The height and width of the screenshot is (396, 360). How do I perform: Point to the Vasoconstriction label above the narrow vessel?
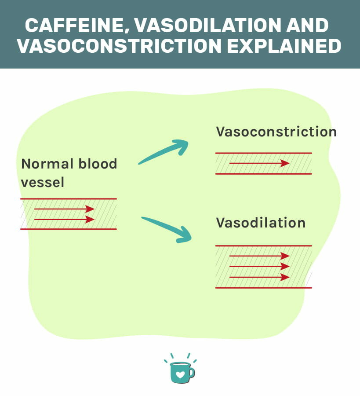(276, 132)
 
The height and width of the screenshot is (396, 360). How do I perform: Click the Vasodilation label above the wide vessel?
(260, 222)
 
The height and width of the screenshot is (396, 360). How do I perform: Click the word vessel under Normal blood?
(43, 182)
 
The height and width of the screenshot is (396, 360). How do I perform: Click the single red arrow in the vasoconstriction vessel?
(259, 163)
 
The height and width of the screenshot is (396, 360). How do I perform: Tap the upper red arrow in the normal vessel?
(64, 209)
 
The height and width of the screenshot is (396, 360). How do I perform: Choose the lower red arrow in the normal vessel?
(64, 219)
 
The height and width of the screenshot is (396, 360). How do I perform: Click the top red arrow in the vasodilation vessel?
(259, 256)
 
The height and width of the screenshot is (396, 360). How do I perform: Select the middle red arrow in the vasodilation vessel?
(259, 266)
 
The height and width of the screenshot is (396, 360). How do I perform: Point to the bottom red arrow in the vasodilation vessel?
(259, 277)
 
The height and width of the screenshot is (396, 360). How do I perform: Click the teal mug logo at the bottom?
(180, 371)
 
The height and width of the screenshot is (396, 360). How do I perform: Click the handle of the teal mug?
(191, 373)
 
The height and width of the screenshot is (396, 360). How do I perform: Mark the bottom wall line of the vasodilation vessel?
(263, 288)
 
